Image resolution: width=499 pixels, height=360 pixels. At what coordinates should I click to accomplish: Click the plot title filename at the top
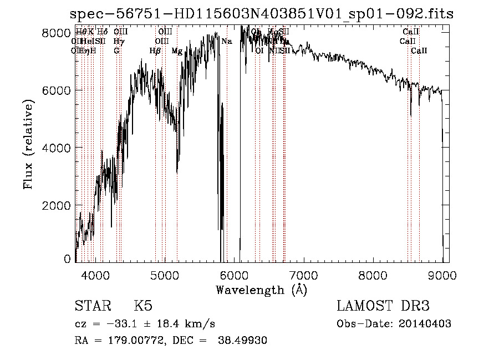[x=262, y=14]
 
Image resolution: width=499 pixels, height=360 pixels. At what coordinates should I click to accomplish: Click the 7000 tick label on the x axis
[x=303, y=275]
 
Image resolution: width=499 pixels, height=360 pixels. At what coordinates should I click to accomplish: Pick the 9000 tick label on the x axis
[x=442, y=275]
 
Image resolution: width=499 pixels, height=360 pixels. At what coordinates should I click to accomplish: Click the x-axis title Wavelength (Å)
[x=261, y=289]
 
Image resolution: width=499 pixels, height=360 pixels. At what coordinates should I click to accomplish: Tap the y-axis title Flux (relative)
[x=28, y=145]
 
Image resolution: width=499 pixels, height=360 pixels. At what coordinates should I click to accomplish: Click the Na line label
[x=226, y=42]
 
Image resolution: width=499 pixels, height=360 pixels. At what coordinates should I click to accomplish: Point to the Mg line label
[x=177, y=51]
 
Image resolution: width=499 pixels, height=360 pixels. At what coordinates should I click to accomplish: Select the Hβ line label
[x=155, y=51]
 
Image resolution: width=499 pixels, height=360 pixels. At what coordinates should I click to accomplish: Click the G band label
[x=116, y=51]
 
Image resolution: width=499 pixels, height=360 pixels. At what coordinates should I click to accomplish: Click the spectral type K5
[x=143, y=306]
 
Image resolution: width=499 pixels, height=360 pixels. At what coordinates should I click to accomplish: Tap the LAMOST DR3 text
[x=383, y=306]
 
